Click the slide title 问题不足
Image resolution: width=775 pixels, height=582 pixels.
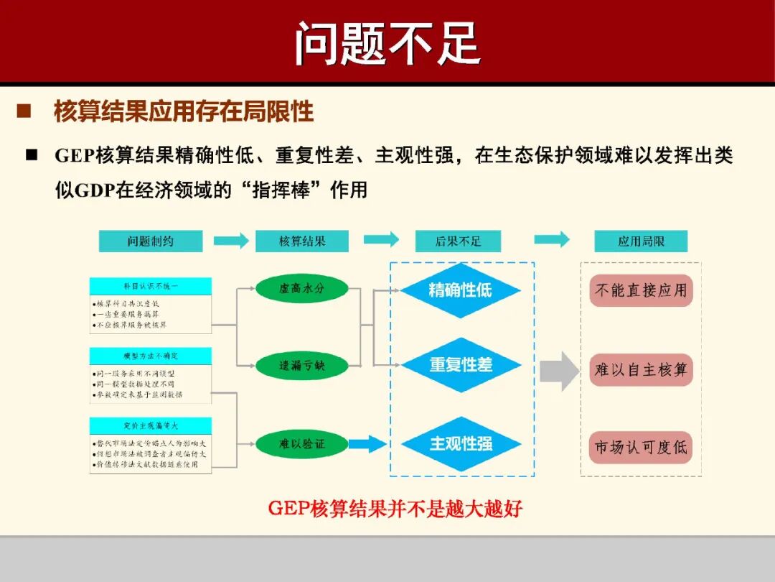tap(387, 43)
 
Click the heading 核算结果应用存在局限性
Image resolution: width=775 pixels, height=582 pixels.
tap(184, 112)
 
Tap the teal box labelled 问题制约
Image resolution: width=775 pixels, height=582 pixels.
tap(151, 241)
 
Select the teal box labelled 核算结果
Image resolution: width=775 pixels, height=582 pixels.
tap(301, 241)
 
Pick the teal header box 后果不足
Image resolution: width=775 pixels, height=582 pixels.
tap(458, 241)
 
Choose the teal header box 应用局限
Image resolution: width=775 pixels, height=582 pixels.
tap(641, 241)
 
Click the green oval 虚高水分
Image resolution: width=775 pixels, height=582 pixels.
tap(301, 289)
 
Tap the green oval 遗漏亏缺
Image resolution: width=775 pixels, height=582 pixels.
tap(301, 366)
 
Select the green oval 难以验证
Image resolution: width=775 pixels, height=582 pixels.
tap(301, 444)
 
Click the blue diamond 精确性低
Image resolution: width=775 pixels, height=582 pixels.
tap(460, 290)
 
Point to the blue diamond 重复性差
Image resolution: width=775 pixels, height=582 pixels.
tap(460, 365)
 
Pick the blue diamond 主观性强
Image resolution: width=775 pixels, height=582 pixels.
tap(460, 444)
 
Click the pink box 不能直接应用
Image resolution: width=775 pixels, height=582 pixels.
tap(641, 290)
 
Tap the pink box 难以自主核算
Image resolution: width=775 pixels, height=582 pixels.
tap(641, 370)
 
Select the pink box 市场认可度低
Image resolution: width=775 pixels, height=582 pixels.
tap(641, 447)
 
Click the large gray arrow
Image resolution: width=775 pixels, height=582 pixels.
tap(558, 371)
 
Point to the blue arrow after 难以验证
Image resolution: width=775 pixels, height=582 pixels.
tap(367, 445)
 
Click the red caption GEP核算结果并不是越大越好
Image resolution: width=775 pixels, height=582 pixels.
tap(395, 509)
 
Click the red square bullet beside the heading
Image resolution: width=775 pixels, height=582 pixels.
tap(24, 111)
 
